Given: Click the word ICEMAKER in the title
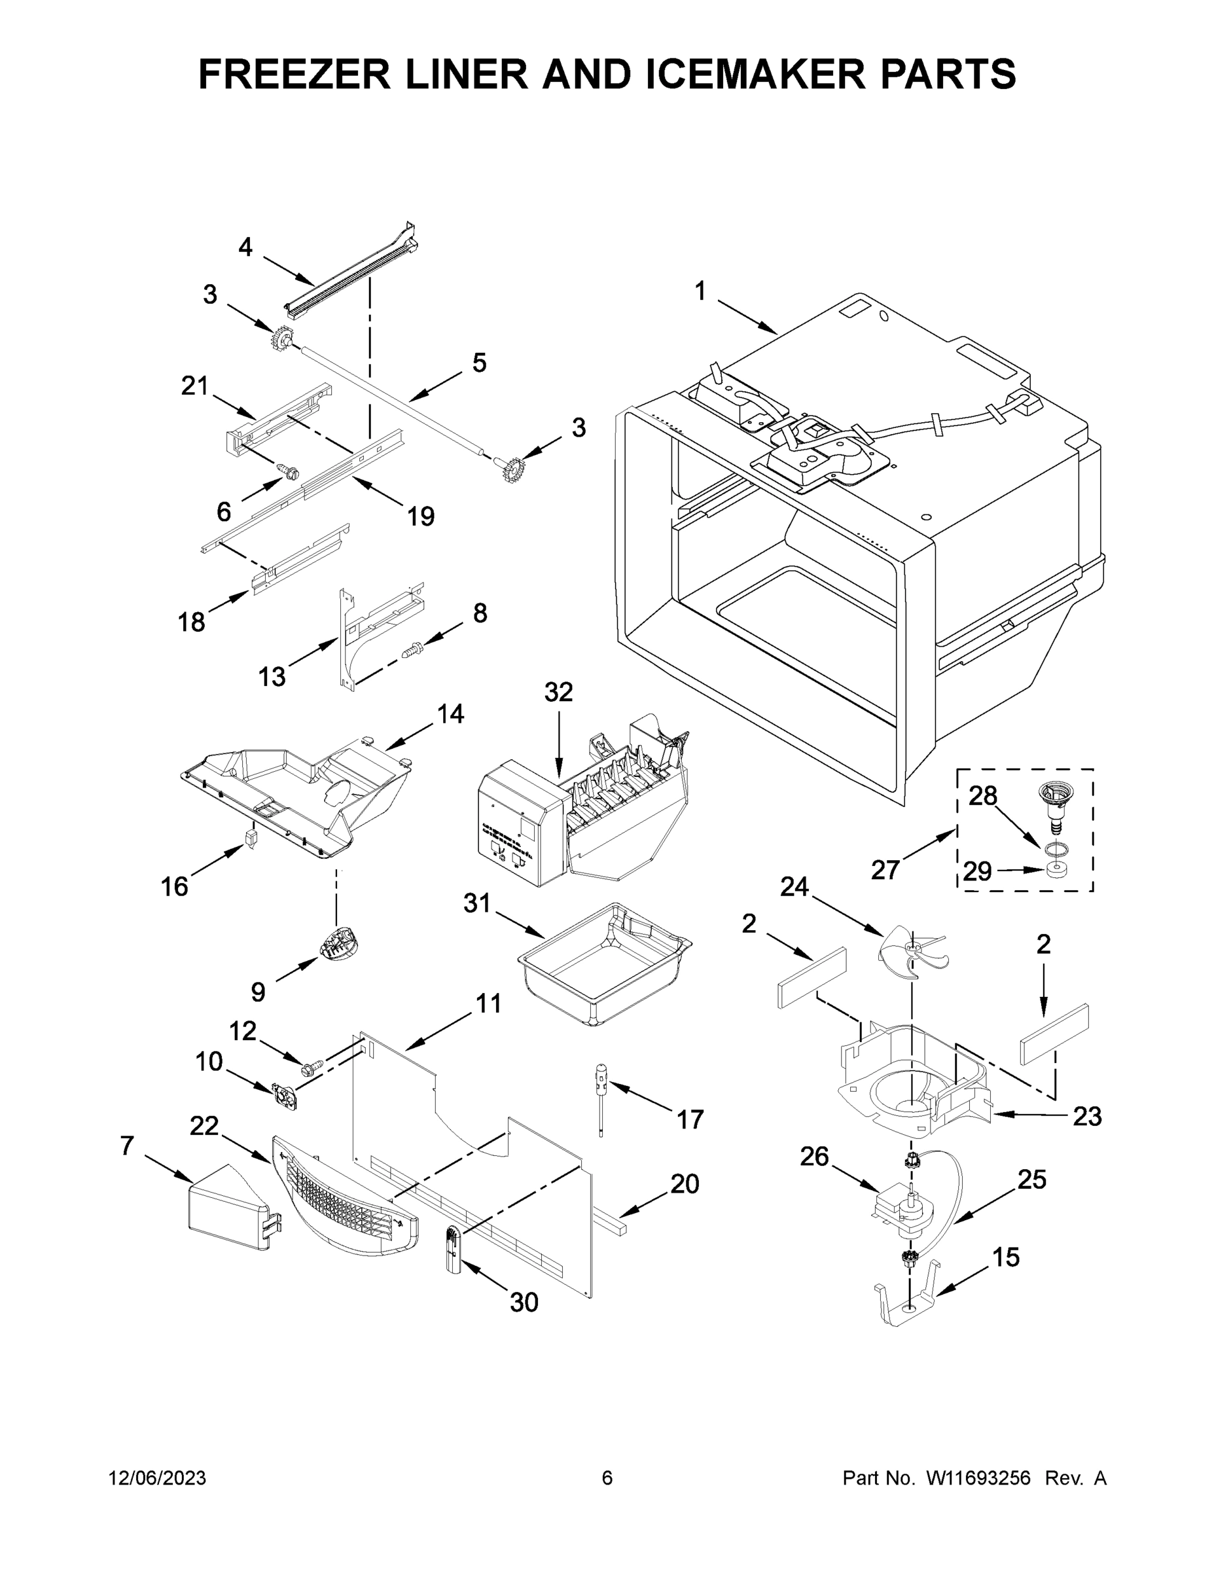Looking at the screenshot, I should click(x=754, y=74).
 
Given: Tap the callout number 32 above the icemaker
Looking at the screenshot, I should click(x=559, y=692).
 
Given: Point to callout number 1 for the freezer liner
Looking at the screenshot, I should click(x=700, y=291).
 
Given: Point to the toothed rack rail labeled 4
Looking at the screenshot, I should click(x=352, y=274).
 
